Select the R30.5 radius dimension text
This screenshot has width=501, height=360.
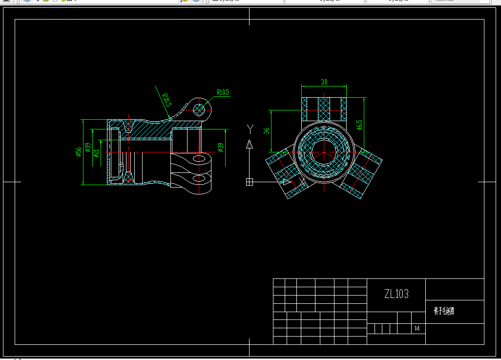[x=167, y=101]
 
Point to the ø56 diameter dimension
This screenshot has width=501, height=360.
[x=78, y=152]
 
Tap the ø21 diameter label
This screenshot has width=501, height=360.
[x=96, y=153]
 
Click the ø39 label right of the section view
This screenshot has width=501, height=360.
[x=220, y=148]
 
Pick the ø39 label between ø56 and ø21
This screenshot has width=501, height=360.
[x=87, y=148]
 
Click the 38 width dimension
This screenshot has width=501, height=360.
[x=324, y=82]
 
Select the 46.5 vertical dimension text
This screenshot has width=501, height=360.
[x=359, y=124]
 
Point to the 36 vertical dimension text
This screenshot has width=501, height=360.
[x=267, y=131]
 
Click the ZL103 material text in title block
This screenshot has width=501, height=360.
[x=396, y=294]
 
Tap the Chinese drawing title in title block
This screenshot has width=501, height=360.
[x=444, y=311]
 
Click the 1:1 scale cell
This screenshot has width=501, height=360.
[x=417, y=329]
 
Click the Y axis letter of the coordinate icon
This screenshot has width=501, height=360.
[x=250, y=128]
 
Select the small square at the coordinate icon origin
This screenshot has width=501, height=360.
[x=250, y=182]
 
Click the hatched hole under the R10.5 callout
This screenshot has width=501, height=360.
[x=199, y=109]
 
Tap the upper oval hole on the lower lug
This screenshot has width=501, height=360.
[x=199, y=159]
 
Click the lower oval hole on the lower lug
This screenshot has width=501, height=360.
[x=199, y=178]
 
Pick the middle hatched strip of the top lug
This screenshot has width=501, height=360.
[x=324, y=109]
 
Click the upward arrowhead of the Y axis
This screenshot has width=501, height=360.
[x=250, y=144]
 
